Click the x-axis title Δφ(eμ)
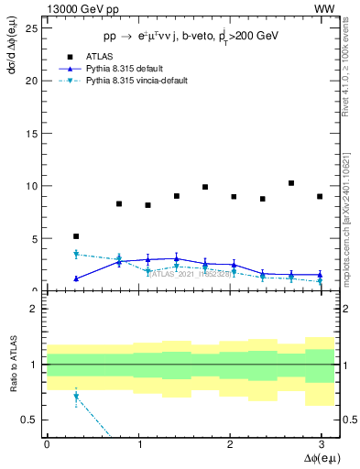pos(319,458)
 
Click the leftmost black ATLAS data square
pos(76,236)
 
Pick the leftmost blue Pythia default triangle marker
pos(76,278)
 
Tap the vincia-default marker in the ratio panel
pos(76,397)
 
